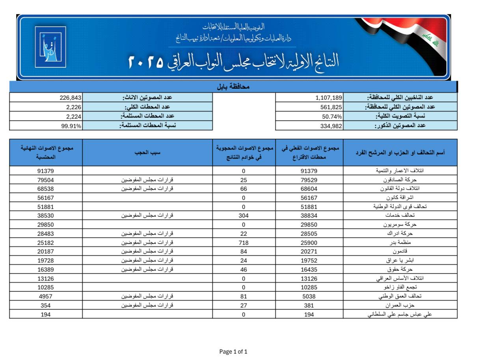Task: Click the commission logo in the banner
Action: [x=50, y=47]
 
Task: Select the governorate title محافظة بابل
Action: [x=233, y=86]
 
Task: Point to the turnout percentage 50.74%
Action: [x=332, y=117]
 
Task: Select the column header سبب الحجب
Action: [x=147, y=152]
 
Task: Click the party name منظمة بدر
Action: [x=400, y=242]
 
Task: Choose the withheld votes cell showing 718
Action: [x=244, y=242]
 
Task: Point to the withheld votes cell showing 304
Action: [x=244, y=216]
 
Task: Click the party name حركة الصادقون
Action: [x=400, y=180]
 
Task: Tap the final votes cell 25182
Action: [x=46, y=242]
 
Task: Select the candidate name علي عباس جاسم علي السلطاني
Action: [x=400, y=314]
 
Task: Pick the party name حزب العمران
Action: [x=400, y=305]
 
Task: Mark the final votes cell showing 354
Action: [x=46, y=305]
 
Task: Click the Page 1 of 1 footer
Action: [x=233, y=352]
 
